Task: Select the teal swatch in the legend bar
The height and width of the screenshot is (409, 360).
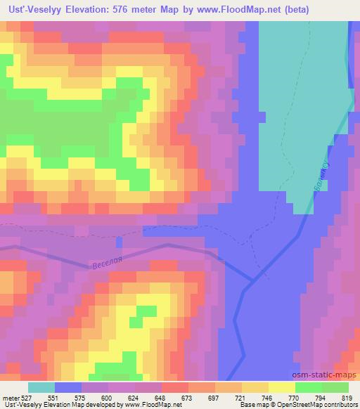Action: click(41, 387)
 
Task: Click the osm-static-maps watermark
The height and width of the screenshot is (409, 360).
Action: click(325, 377)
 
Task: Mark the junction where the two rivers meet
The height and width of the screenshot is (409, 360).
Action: click(250, 281)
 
